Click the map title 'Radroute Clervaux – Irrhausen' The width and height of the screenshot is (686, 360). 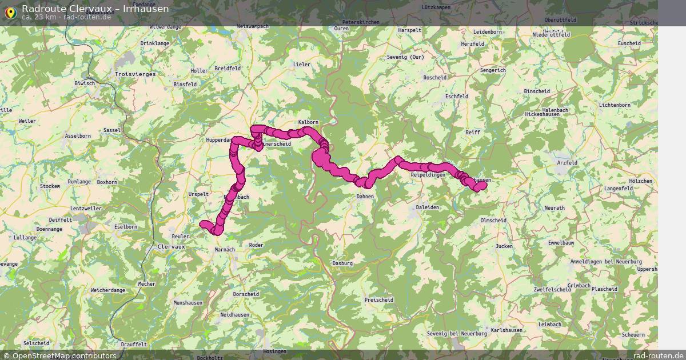tap(95, 8)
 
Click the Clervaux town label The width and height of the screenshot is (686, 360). tap(170, 246)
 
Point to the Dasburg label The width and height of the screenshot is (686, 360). tap(342, 263)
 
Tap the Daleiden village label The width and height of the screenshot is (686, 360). tap(428, 207)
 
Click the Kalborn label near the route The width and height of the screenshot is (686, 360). tap(308, 122)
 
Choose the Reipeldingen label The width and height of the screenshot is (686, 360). tap(428, 174)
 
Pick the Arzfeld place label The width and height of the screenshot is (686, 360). tap(567, 163)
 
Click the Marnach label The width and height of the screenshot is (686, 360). tap(225, 249)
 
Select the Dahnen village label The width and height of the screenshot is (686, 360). tap(365, 197)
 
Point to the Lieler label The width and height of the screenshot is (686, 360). tap(301, 65)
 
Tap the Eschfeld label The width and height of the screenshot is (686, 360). tap(456, 97)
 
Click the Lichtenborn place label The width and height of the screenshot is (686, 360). tap(615, 105)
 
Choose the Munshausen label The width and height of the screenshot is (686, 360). tap(188, 302)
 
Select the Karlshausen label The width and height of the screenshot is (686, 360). tap(506, 330)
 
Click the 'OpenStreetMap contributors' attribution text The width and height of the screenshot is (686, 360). tap(64, 355)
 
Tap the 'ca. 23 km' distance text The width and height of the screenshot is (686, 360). tap(39, 17)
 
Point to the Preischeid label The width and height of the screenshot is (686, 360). tap(378, 299)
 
